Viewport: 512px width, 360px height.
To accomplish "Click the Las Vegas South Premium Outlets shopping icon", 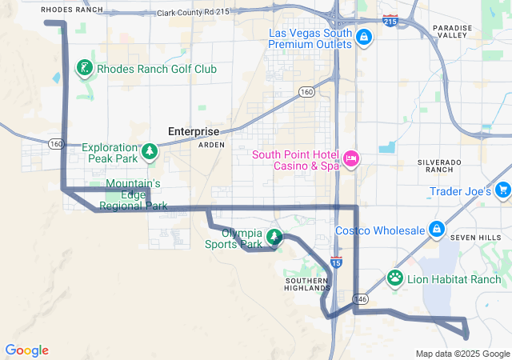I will [363, 37].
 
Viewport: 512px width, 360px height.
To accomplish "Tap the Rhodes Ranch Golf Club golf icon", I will [85, 69].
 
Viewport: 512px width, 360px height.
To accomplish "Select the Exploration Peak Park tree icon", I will [149, 151].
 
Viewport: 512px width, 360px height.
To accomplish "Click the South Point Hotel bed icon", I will [350, 159].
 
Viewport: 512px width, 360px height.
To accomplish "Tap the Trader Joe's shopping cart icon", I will [502, 190].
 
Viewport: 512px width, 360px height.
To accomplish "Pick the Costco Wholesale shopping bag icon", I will [437, 230].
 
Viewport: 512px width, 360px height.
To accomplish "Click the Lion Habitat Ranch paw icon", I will [395, 278].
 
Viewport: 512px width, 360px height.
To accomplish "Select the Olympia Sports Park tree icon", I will [274, 237].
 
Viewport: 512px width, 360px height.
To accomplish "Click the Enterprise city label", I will [193, 131].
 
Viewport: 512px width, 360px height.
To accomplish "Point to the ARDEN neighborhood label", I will [211, 145].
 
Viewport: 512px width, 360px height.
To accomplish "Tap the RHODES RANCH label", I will [72, 10].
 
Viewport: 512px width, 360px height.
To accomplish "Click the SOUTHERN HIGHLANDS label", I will [307, 285].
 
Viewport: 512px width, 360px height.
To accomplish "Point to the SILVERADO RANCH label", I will [440, 166].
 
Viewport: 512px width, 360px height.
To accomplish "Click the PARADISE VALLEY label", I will [453, 31].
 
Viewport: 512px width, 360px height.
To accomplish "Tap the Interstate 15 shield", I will [336, 262].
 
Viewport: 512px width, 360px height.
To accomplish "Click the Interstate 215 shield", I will [390, 21].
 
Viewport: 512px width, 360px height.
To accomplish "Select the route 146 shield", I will [362, 298].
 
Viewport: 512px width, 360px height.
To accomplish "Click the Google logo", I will [27, 350].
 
